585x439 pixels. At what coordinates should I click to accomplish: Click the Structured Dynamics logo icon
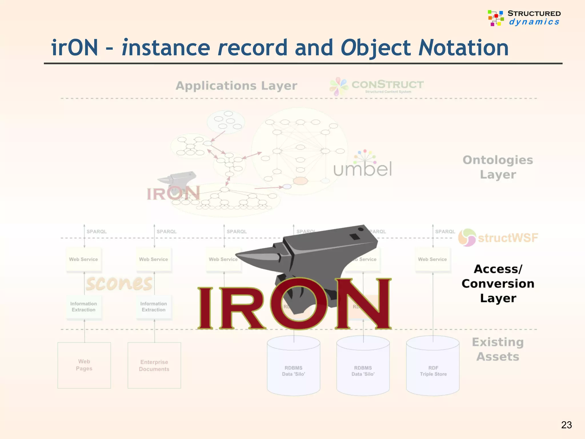(x=496, y=18)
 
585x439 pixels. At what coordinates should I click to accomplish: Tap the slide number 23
(x=566, y=425)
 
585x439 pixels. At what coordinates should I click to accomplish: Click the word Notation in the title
(x=463, y=48)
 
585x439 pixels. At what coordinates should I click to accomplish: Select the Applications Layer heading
(x=236, y=86)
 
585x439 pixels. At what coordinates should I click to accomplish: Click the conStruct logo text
(x=387, y=85)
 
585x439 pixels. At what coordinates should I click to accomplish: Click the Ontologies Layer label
(x=498, y=167)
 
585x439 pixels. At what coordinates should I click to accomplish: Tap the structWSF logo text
(x=508, y=238)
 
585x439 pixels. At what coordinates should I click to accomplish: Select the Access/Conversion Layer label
(x=498, y=284)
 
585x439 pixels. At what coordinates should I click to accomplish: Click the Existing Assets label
(x=498, y=349)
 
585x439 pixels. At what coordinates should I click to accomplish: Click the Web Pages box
(x=84, y=365)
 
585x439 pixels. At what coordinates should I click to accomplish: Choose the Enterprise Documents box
(x=154, y=365)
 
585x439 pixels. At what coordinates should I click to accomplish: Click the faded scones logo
(x=119, y=283)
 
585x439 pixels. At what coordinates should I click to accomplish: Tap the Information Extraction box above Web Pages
(x=84, y=307)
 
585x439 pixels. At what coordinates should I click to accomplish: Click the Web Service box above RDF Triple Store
(x=432, y=259)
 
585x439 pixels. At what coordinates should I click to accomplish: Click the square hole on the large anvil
(x=355, y=237)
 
